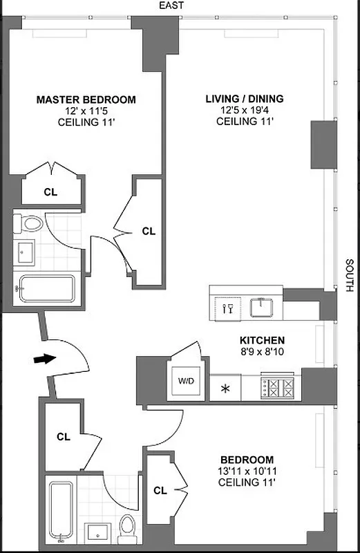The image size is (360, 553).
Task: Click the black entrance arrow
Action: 43,359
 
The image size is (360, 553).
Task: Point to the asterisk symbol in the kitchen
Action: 225,388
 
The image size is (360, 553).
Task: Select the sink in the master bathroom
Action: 26,254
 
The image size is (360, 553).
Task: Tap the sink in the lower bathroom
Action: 97,532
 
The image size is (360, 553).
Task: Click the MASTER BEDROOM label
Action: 86,100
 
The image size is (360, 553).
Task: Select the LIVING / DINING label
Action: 244,100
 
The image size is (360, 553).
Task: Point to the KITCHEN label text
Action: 262,340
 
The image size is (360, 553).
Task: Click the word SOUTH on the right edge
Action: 350,275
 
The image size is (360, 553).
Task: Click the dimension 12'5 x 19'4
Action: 245,111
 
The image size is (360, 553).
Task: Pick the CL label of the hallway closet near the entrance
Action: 64,436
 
